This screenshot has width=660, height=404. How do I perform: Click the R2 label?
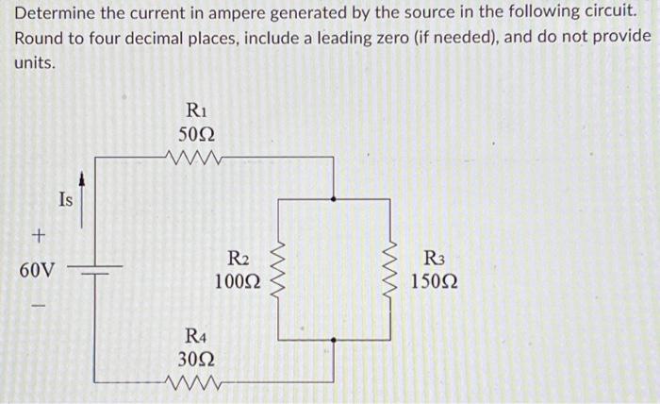[239, 258]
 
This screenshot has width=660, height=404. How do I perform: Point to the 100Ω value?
[238, 281]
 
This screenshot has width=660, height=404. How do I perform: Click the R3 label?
[436, 258]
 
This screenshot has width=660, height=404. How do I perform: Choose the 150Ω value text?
[436, 281]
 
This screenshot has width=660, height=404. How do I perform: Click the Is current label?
[64, 199]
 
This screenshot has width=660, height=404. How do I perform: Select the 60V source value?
[37, 270]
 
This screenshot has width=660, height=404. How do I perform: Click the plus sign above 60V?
[38, 233]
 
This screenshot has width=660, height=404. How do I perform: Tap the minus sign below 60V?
[38, 305]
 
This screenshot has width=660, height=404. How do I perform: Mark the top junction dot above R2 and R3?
[334, 198]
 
